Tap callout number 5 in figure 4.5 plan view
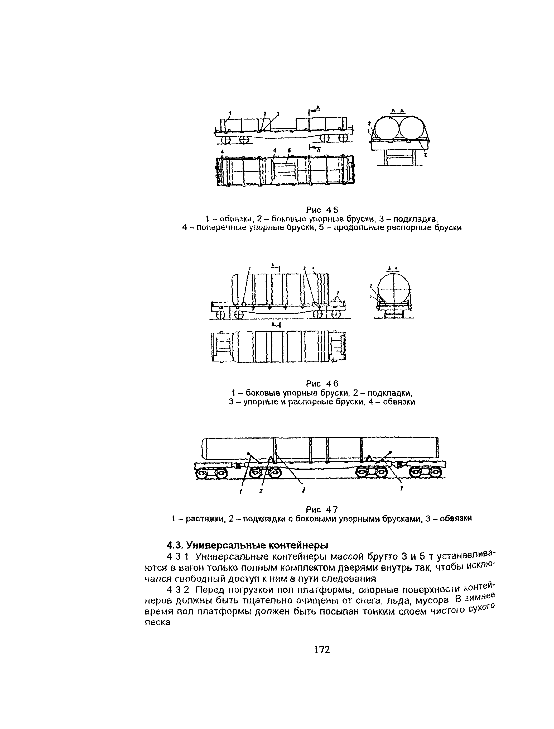[x=289, y=150]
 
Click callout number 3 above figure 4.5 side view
[x=278, y=114]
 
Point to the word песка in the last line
[x=157, y=622]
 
